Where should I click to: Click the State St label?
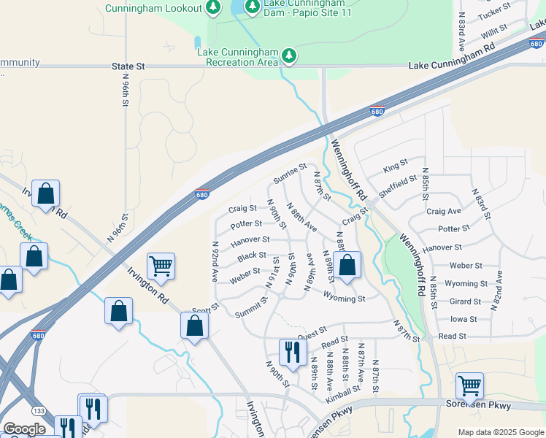click(128, 66)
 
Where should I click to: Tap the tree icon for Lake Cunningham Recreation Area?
click(290, 56)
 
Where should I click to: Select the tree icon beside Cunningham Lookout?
click(213, 8)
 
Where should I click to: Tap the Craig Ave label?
click(444, 211)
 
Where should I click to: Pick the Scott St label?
click(205, 310)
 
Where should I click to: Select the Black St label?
click(252, 255)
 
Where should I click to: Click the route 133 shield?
click(39, 412)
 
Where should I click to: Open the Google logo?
click(25, 429)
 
